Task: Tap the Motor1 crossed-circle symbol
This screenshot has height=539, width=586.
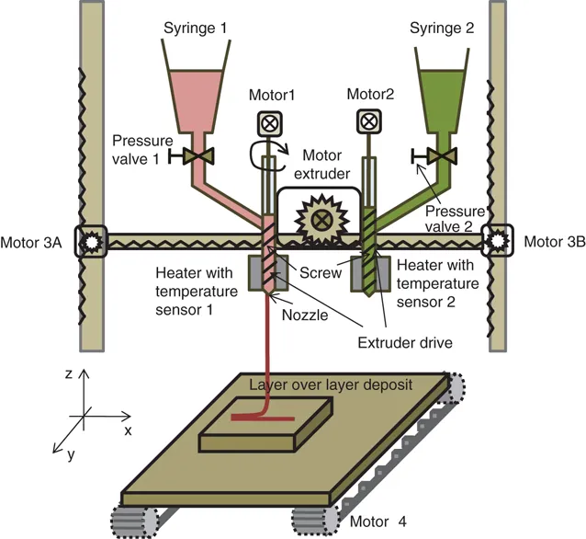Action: click(270, 122)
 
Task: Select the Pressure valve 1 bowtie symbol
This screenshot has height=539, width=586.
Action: click(194, 155)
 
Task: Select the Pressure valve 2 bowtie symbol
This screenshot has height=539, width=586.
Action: click(445, 156)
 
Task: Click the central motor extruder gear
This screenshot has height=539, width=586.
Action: click(321, 219)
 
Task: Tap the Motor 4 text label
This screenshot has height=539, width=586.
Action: click(378, 522)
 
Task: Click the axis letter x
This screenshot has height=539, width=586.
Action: click(128, 430)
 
